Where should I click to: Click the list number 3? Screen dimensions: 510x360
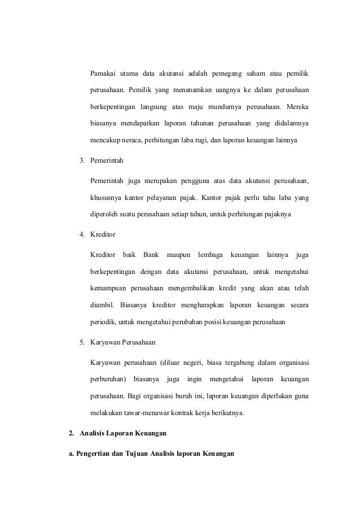pos(82,161)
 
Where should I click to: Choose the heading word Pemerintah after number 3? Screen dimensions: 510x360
pos(107,161)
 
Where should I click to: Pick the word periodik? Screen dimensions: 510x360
pos(103,322)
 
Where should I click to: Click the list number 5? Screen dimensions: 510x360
pos(82,343)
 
